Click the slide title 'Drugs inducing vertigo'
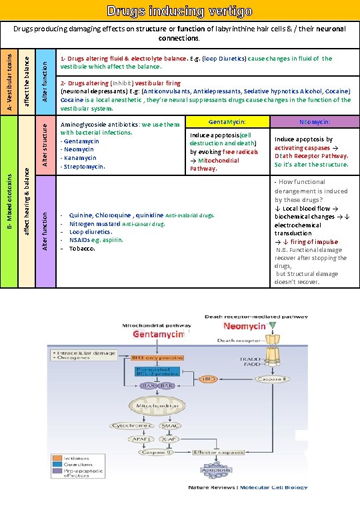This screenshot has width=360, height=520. (180, 11)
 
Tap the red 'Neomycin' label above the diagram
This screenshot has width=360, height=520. (244, 326)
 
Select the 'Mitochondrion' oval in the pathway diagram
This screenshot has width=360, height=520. (155, 405)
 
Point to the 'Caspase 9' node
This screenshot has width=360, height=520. (157, 453)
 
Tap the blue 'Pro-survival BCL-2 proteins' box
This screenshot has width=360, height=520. (155, 372)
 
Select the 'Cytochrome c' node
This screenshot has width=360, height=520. (131, 425)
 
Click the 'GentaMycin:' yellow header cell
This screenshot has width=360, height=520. (227, 122)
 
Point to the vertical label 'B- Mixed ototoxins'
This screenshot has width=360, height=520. (8, 200)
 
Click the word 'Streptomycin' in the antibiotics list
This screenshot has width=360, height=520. (83, 166)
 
